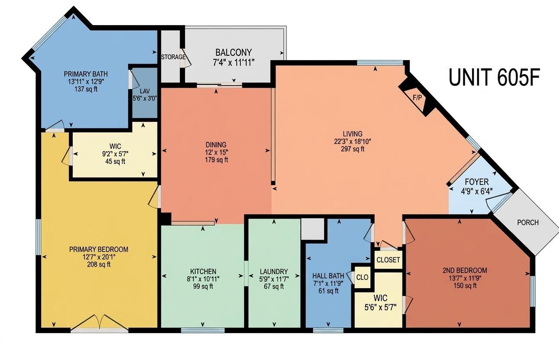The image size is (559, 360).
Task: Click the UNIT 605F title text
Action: [x=495, y=77]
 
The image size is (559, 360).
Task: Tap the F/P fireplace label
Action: [x=417, y=98]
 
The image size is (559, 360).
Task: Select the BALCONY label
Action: [x=234, y=52]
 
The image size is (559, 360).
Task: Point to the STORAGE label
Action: [x=173, y=57]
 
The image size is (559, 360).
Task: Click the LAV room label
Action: [x=145, y=90]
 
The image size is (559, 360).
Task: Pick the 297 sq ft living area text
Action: [x=353, y=149]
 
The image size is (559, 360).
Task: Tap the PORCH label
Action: [x=528, y=222]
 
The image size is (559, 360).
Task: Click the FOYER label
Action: [x=477, y=182]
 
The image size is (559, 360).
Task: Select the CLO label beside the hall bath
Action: [x=362, y=277]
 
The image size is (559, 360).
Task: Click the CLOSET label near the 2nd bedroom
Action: [x=388, y=260]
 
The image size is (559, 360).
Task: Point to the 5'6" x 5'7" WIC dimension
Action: [x=381, y=307]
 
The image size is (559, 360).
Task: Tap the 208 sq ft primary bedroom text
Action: [x=99, y=264]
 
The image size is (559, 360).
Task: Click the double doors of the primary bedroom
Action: [x=100, y=322]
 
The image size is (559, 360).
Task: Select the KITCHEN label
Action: [x=203, y=271]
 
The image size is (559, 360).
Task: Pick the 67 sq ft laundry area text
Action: [x=274, y=286]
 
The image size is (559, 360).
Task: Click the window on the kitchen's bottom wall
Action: [x=202, y=331]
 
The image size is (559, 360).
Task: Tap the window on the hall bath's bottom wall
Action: [x=328, y=331]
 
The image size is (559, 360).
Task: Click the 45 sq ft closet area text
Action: [x=115, y=161]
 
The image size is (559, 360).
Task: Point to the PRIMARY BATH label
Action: [x=86, y=74]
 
